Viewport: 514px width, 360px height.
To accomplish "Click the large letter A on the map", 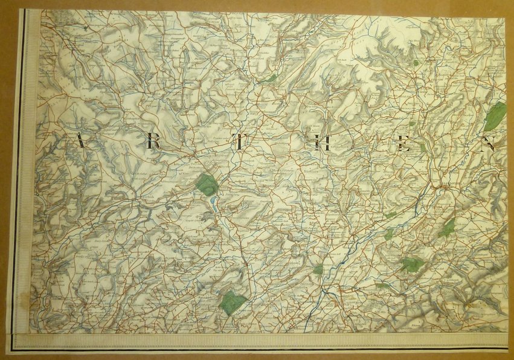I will tap(80, 141).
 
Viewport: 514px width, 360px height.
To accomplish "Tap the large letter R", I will tap(153, 142).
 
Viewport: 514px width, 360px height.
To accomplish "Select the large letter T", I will tap(240, 143).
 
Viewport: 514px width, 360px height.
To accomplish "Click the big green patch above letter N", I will tap(495, 115).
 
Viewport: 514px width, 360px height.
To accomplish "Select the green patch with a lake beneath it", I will tap(207, 185).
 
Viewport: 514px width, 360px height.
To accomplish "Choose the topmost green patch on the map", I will tap(416, 62).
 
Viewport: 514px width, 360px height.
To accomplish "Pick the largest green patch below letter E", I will tap(411, 265).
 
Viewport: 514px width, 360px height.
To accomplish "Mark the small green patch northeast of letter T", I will tap(271, 78).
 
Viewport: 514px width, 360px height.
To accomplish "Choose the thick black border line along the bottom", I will tap(260, 349).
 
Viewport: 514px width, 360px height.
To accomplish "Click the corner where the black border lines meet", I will tap(15, 349).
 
